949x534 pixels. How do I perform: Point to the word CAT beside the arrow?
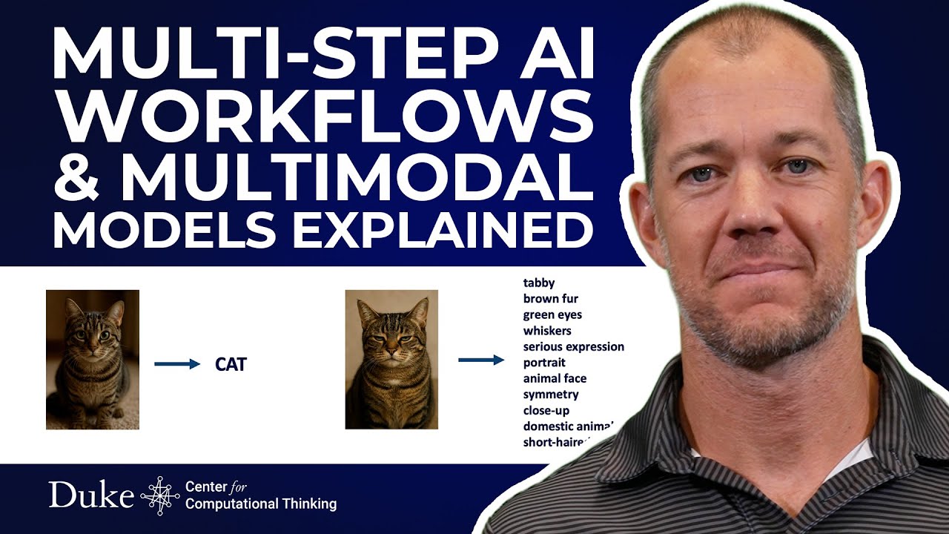pyautogui.click(x=231, y=364)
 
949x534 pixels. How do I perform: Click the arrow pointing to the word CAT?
pyautogui.click(x=177, y=364)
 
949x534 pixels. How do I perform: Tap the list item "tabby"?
pyautogui.click(x=539, y=283)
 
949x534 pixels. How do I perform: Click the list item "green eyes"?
pyautogui.click(x=552, y=314)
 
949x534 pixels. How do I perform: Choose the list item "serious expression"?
pyautogui.click(x=573, y=346)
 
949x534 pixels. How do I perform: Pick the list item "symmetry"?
pyautogui.click(x=551, y=395)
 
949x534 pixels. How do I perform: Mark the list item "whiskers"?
pyautogui.click(x=547, y=331)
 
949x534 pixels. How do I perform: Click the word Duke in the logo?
pyautogui.click(x=91, y=495)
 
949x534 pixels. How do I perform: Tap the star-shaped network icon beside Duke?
pyautogui.click(x=159, y=495)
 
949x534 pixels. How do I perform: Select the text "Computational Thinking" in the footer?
pyautogui.click(x=261, y=504)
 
